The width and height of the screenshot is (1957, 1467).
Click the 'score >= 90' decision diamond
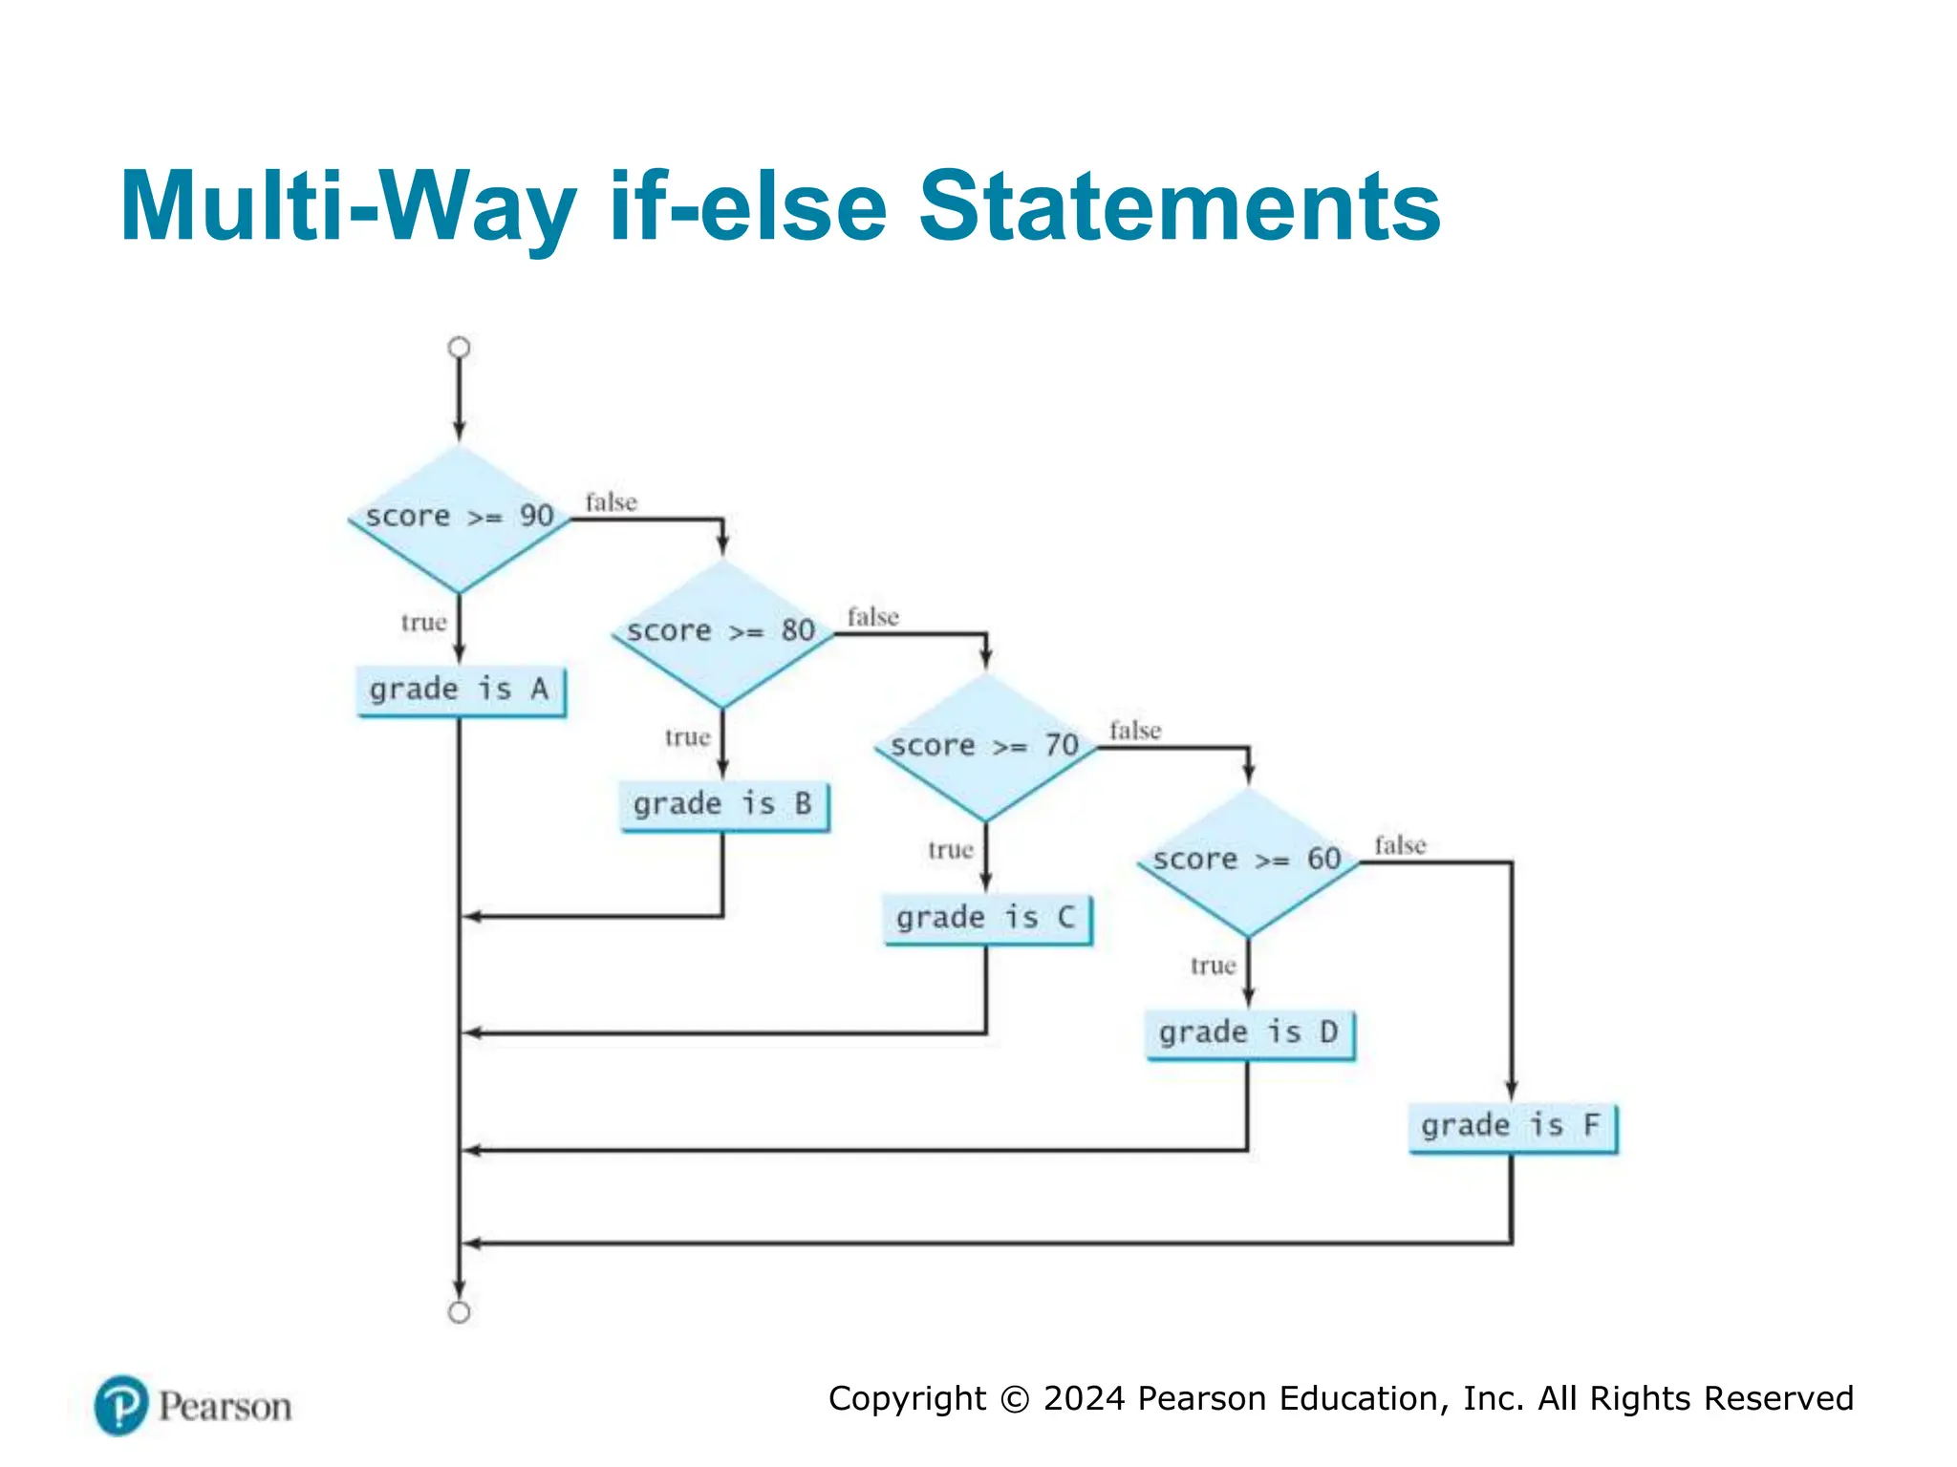pyautogui.click(x=460, y=519)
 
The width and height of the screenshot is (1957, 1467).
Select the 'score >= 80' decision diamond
pyautogui.click(x=722, y=633)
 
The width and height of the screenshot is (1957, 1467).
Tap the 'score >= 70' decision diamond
pyautogui.click(x=985, y=747)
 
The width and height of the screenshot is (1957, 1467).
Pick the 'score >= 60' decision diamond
pyautogui.click(x=1248, y=861)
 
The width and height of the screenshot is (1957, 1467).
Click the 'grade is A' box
pyautogui.click(x=460, y=690)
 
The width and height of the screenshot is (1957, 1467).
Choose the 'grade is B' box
pyautogui.click(x=723, y=804)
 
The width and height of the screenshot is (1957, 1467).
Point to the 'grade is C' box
pyautogui.click(x=986, y=919)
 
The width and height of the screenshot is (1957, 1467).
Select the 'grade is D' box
pyautogui.click(x=1249, y=1033)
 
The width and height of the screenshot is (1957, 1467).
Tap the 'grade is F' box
pyautogui.click(x=1512, y=1126)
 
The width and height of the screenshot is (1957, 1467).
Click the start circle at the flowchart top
pyautogui.click(x=460, y=348)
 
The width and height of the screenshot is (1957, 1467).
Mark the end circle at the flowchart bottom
pyautogui.click(x=460, y=1312)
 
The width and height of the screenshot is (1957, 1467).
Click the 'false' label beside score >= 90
pyautogui.click(x=611, y=502)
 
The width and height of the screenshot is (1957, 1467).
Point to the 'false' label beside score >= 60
pyautogui.click(x=1400, y=845)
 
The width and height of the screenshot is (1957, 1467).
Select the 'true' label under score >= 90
pyautogui.click(x=423, y=623)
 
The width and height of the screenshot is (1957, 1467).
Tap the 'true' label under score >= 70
pyautogui.click(x=950, y=850)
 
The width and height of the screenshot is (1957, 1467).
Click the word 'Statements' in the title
pyautogui.click(x=1179, y=206)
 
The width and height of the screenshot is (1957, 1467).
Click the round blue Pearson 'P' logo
pyautogui.click(x=121, y=1405)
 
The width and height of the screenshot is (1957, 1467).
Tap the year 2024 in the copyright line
pyautogui.click(x=1085, y=1398)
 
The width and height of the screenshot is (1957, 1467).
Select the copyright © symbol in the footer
pyautogui.click(x=1015, y=1399)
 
